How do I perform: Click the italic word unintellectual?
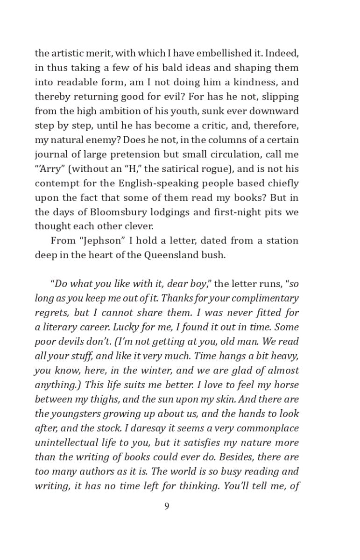pos(68,442)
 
